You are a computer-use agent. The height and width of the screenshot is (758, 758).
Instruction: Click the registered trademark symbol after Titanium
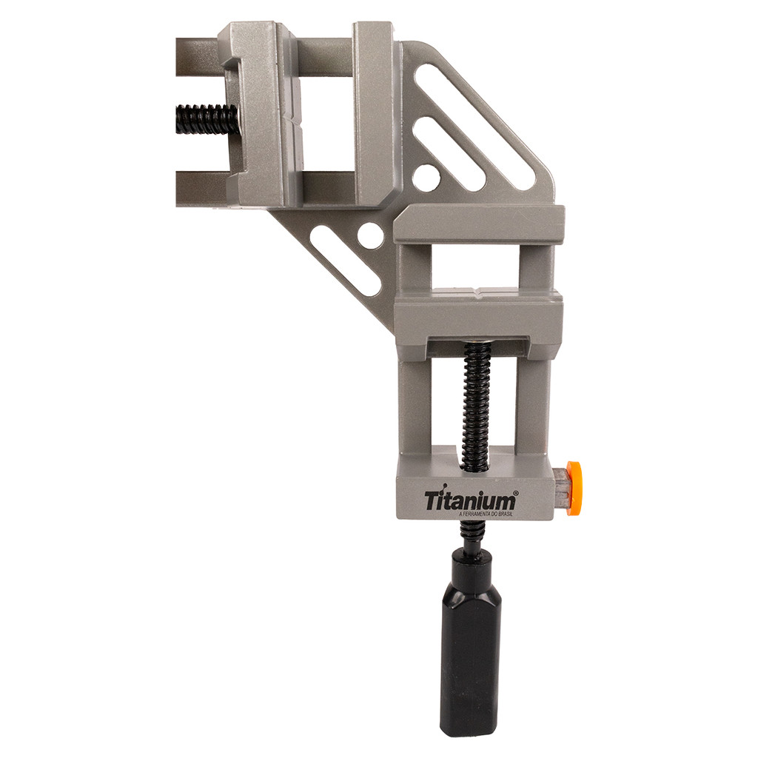(517, 493)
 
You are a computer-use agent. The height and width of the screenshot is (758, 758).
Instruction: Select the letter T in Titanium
(431, 501)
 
